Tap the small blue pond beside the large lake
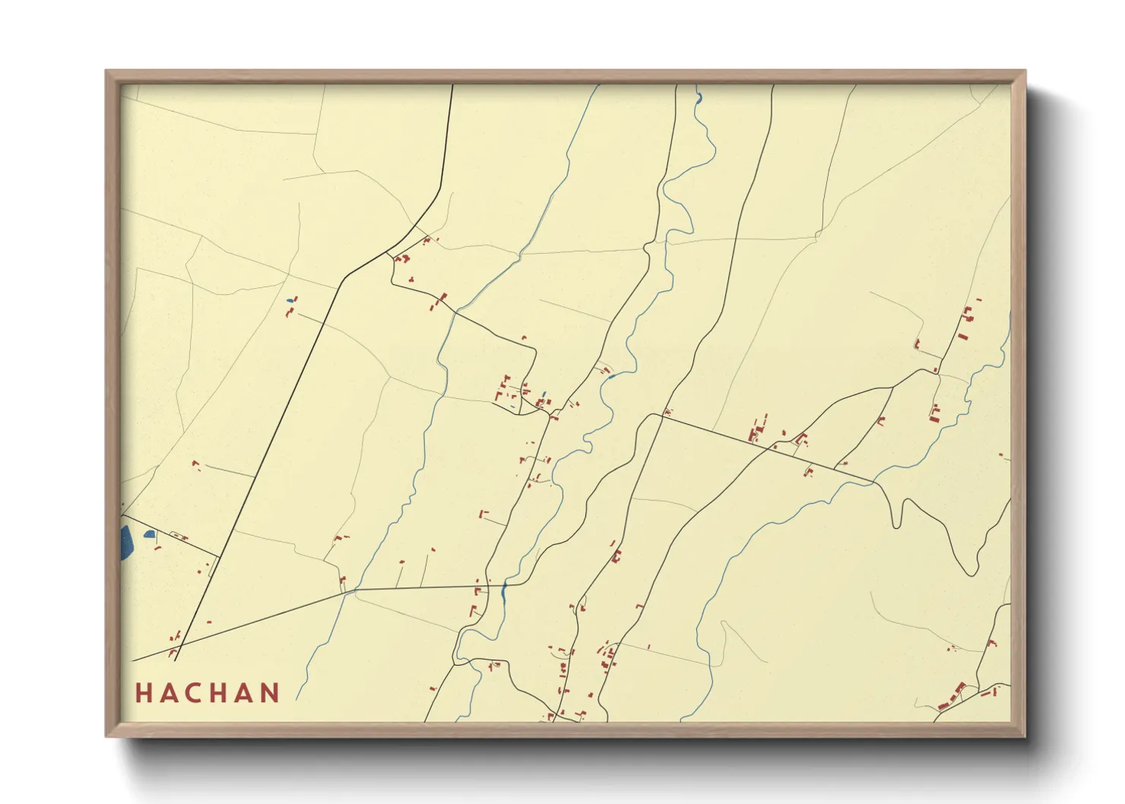[x=149, y=534]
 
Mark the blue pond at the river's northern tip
[x=698, y=97]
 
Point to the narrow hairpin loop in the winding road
[x=898, y=513]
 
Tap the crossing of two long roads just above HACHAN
[x=179, y=646]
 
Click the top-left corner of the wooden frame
[x=107, y=72]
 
